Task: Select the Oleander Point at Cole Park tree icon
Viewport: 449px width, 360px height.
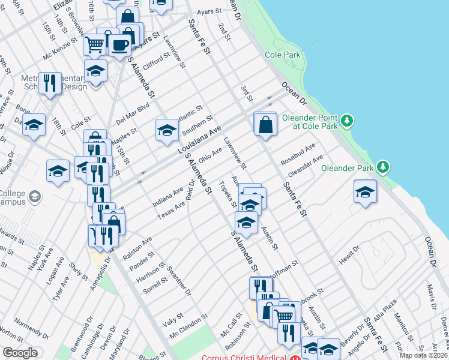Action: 346,122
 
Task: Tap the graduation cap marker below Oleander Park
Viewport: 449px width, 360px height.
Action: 365,192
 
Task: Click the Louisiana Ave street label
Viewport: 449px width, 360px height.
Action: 200,139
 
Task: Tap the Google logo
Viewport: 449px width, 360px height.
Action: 20,353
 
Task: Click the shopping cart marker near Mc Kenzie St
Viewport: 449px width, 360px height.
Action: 94,44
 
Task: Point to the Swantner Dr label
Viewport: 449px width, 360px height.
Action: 179,281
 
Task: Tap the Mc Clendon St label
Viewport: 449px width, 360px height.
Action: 188,325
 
